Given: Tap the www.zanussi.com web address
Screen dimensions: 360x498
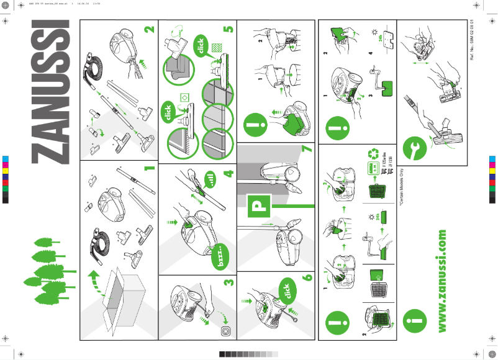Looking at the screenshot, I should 442,281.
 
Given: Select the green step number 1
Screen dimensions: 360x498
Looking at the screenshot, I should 147,168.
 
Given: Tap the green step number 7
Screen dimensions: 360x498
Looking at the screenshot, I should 306,150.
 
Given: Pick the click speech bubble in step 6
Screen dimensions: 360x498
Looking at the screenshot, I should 285,291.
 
